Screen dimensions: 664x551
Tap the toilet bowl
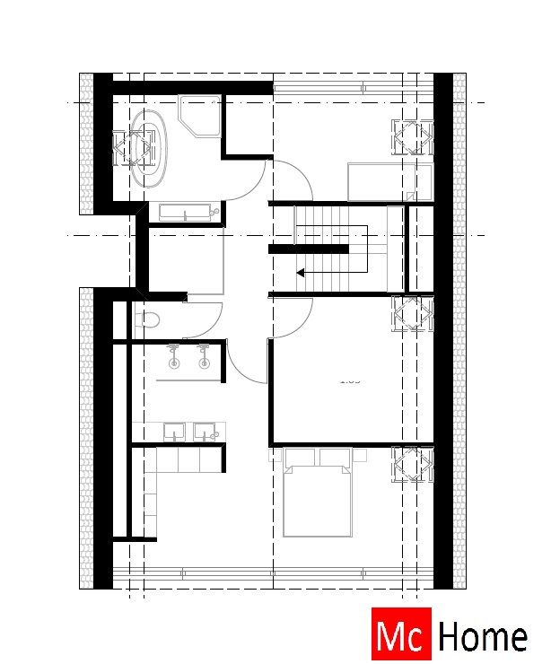(149, 319)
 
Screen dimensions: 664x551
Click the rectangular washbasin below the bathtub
(186, 214)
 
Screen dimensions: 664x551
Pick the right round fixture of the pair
(205, 363)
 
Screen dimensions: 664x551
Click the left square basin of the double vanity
(173, 432)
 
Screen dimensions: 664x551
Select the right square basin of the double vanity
(207, 432)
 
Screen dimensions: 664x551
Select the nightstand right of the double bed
(360, 455)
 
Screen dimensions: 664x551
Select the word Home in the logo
(482, 636)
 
